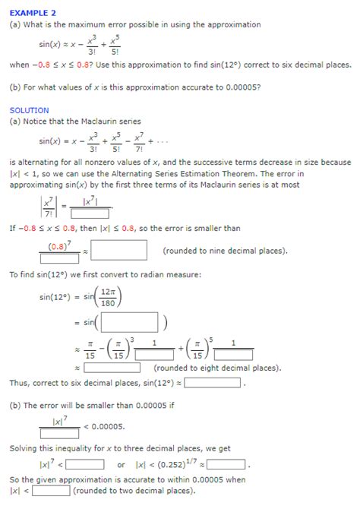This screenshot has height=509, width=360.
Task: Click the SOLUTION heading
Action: [29, 110]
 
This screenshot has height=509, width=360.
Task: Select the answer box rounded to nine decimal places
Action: [119, 250]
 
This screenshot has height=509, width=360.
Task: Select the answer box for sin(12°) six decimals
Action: [213, 383]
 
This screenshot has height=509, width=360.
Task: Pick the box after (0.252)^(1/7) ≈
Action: [226, 464]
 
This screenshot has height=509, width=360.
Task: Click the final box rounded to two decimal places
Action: [51, 490]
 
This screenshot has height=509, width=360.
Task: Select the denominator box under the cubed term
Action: [155, 354]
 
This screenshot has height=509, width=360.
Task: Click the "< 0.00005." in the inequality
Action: [105, 426]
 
